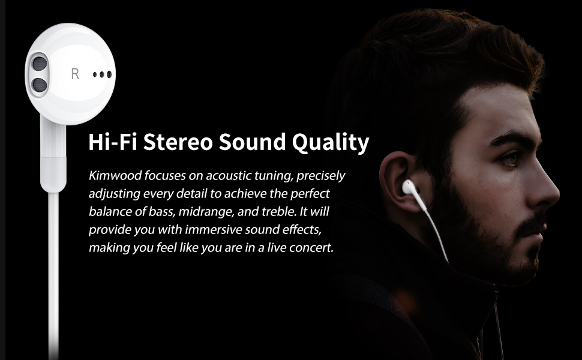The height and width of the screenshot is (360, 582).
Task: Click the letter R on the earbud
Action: pyautogui.click(x=75, y=74)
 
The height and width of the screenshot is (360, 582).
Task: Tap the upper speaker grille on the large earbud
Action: pyautogui.click(x=38, y=62)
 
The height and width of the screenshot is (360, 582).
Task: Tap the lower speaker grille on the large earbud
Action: pyautogui.click(x=38, y=85)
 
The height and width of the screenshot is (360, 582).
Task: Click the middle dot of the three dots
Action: pyautogui.click(x=103, y=75)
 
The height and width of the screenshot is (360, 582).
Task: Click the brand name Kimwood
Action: pyautogui.click(x=114, y=176)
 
